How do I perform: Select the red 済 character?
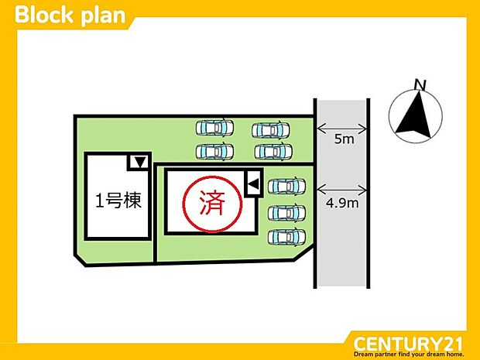pyautogui.click(x=211, y=204)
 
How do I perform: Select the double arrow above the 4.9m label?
pyautogui.click(x=341, y=187)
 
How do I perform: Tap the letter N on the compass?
pyautogui.click(x=420, y=84)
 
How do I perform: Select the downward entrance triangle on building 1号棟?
pyautogui.click(x=139, y=163)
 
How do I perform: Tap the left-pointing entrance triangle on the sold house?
pyautogui.click(x=252, y=183)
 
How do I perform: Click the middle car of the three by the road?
pyautogui.click(x=286, y=211)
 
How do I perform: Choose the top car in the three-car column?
pyautogui.click(x=286, y=187)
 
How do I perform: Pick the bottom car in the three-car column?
pyautogui.click(x=286, y=236)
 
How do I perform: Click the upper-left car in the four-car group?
pyautogui.click(x=214, y=126)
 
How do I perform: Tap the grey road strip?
pyautogui.click(x=341, y=248)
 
